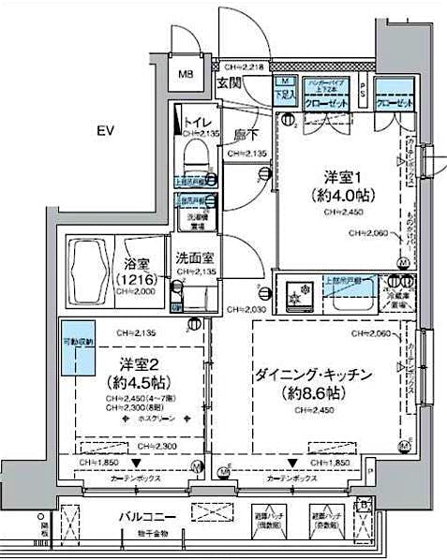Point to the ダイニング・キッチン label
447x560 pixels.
(x=315, y=375)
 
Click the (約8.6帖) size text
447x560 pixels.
(x=315, y=393)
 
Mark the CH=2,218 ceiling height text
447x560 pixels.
(x=246, y=66)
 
